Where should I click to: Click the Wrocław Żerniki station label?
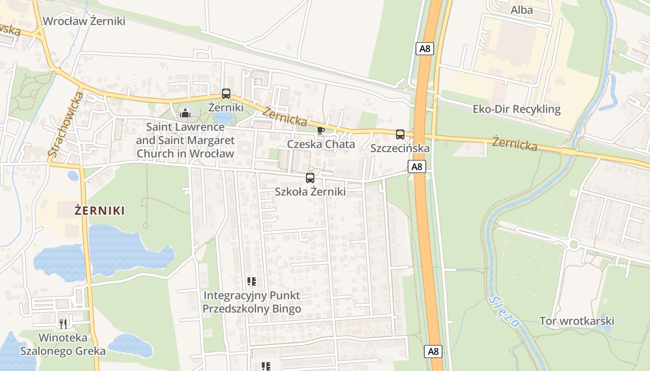tap(84, 21)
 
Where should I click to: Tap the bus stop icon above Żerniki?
tap(226, 94)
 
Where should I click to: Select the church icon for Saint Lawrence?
tap(185, 113)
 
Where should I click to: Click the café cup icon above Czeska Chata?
tap(320, 130)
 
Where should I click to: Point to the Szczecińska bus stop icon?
tap(400, 134)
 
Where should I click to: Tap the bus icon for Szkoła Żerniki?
tap(310, 178)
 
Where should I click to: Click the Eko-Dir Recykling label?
tap(516, 109)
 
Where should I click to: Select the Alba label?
tap(521, 10)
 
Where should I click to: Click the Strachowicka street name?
tap(66, 123)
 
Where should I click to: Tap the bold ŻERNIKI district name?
tap(100, 211)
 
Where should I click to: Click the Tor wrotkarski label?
tap(577, 321)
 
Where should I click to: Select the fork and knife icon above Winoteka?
tap(63, 323)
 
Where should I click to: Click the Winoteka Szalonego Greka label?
tap(63, 344)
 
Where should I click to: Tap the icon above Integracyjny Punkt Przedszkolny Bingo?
tap(252, 281)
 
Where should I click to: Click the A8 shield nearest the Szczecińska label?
tap(417, 166)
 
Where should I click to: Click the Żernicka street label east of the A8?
tap(514, 144)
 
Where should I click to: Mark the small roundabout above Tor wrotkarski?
tap(574, 244)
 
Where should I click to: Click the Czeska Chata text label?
tap(321, 144)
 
